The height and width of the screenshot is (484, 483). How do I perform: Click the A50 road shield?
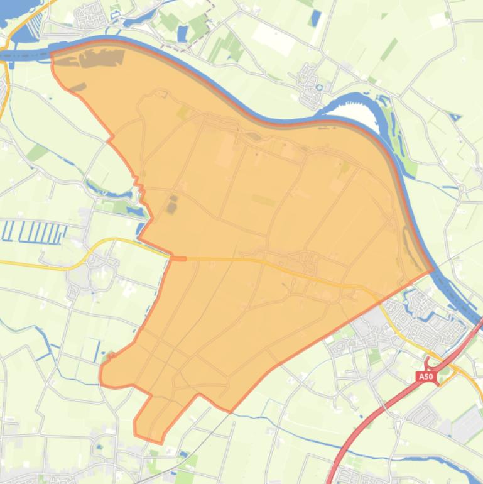point(426,377)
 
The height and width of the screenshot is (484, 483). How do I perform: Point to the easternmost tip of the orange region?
point(433,270)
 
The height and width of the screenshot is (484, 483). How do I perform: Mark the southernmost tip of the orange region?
point(160,443)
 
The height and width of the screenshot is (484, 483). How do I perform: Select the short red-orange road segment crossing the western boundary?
point(178,258)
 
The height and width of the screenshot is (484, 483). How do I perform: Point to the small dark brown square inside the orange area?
point(172,205)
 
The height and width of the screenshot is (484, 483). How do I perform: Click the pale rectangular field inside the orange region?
point(225,151)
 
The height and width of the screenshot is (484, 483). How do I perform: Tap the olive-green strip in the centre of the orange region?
point(264,200)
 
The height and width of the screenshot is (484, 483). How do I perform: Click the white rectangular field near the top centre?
point(274,41)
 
